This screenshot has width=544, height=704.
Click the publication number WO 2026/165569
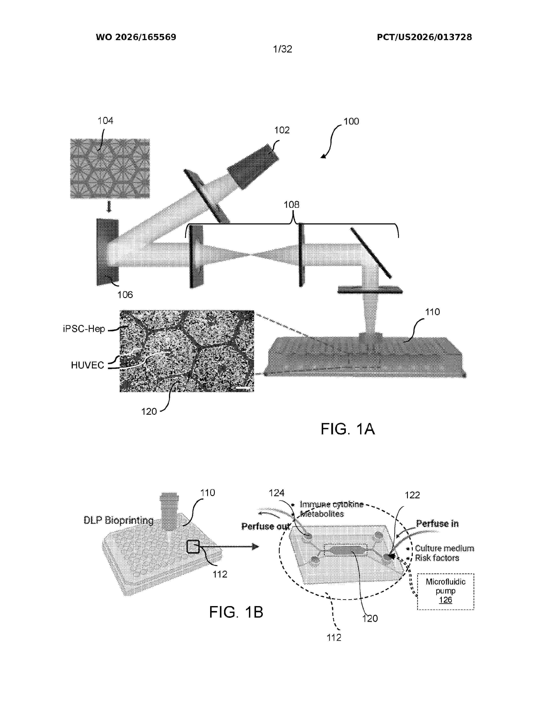pos(136,37)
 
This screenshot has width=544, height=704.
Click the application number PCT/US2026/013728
pos(425,37)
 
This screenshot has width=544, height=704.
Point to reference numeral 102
pos(282,130)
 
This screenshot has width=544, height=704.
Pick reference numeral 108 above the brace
pos(291,204)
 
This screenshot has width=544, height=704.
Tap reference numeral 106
pos(125,294)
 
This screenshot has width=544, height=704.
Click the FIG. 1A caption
pos(348,429)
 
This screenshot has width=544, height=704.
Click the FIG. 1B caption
pos(236,612)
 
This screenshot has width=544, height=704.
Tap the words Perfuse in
pos(437,524)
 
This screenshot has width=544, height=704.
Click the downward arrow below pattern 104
pos(109,207)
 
